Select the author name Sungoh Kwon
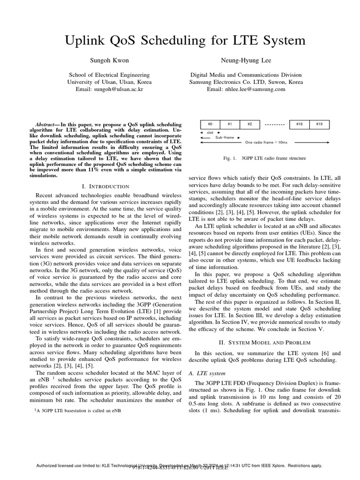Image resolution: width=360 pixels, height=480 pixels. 109,61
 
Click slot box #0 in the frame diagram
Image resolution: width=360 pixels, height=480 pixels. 210,124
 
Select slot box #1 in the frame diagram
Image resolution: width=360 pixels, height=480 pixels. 230,124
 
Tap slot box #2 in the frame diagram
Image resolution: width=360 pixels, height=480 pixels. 250,124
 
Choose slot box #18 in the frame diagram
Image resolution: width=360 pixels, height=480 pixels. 299,124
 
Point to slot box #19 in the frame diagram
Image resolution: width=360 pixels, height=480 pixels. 319,124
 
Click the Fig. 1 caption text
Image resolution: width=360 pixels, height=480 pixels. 265,158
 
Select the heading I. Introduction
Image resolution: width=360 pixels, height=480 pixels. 109,187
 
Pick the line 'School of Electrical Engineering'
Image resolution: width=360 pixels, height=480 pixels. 109,75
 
